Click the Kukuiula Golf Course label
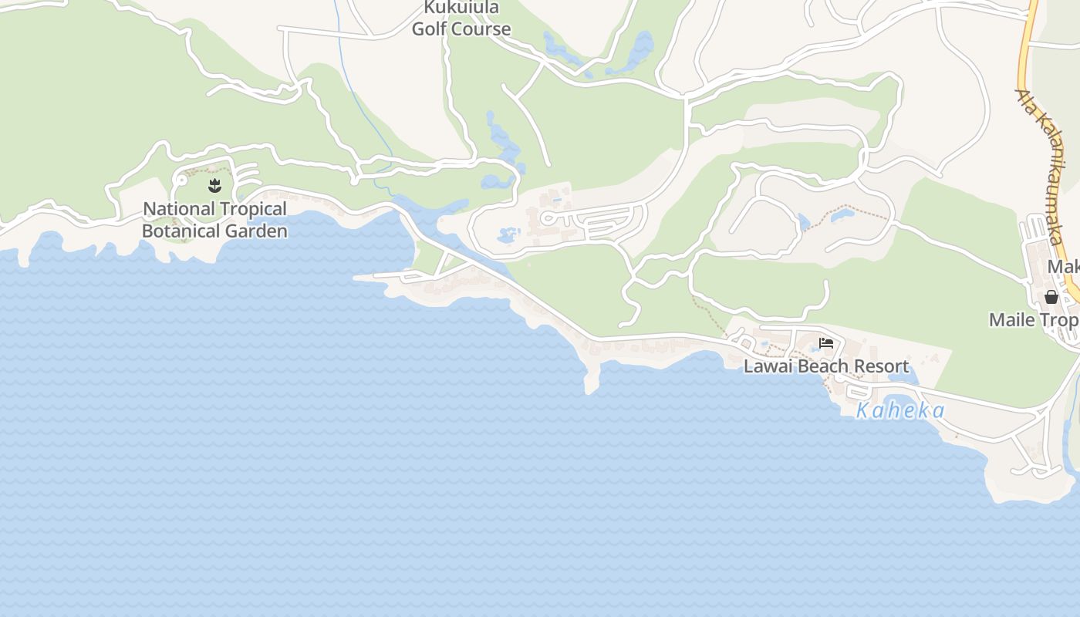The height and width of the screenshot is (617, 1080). point(461,19)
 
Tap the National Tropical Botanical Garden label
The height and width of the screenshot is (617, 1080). point(214,220)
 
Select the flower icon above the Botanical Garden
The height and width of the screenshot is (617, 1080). point(214,185)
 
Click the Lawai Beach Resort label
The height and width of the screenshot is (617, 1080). point(826,366)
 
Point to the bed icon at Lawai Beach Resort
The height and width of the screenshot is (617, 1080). point(826,343)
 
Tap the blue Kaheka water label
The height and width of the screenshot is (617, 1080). point(900,410)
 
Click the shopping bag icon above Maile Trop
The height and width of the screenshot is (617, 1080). point(1051,297)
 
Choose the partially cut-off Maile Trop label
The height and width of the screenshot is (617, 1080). point(1034,319)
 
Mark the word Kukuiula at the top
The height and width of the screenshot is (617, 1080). point(461,8)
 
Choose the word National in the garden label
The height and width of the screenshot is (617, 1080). point(179,209)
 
